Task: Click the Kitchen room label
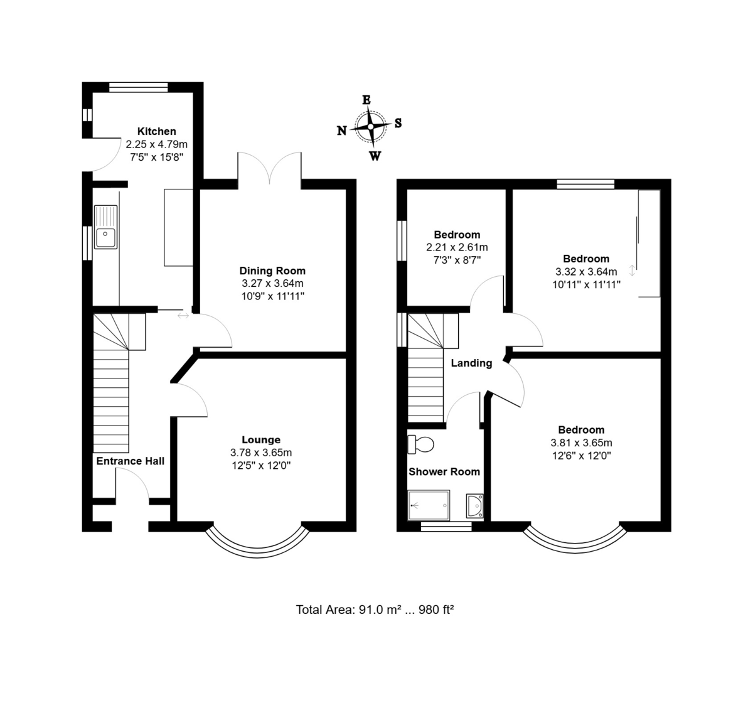click(x=157, y=131)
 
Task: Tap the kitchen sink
click(x=106, y=227)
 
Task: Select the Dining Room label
click(x=272, y=271)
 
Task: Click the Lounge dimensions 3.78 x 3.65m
click(x=261, y=453)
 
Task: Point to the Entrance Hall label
click(x=130, y=461)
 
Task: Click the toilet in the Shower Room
click(x=421, y=444)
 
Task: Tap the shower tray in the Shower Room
click(x=429, y=505)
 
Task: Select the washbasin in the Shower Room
click(x=474, y=506)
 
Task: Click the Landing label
click(x=471, y=363)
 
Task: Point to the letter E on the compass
click(x=366, y=100)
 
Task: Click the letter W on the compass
click(x=375, y=156)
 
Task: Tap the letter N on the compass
click(x=341, y=131)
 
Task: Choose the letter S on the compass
click(x=398, y=123)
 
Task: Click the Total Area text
click(x=375, y=609)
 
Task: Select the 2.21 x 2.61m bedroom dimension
click(x=457, y=247)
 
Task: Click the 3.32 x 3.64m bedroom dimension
click(x=586, y=272)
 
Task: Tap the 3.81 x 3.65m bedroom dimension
click(x=581, y=443)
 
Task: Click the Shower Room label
click(x=444, y=471)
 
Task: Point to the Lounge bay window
click(x=258, y=555)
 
